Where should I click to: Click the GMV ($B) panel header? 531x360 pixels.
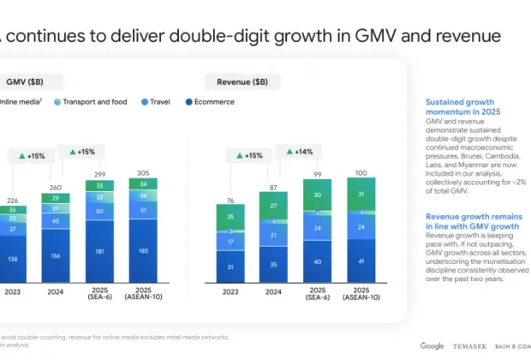pyautogui.click(x=26, y=81)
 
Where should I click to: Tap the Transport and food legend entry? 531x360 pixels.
pyautogui.click(x=92, y=102)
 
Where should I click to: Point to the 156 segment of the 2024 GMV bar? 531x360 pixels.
pyautogui.click(x=55, y=255)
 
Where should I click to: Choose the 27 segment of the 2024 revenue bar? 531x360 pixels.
pyautogui.click(x=273, y=206)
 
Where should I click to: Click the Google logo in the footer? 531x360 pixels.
pyautogui.click(x=432, y=345)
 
